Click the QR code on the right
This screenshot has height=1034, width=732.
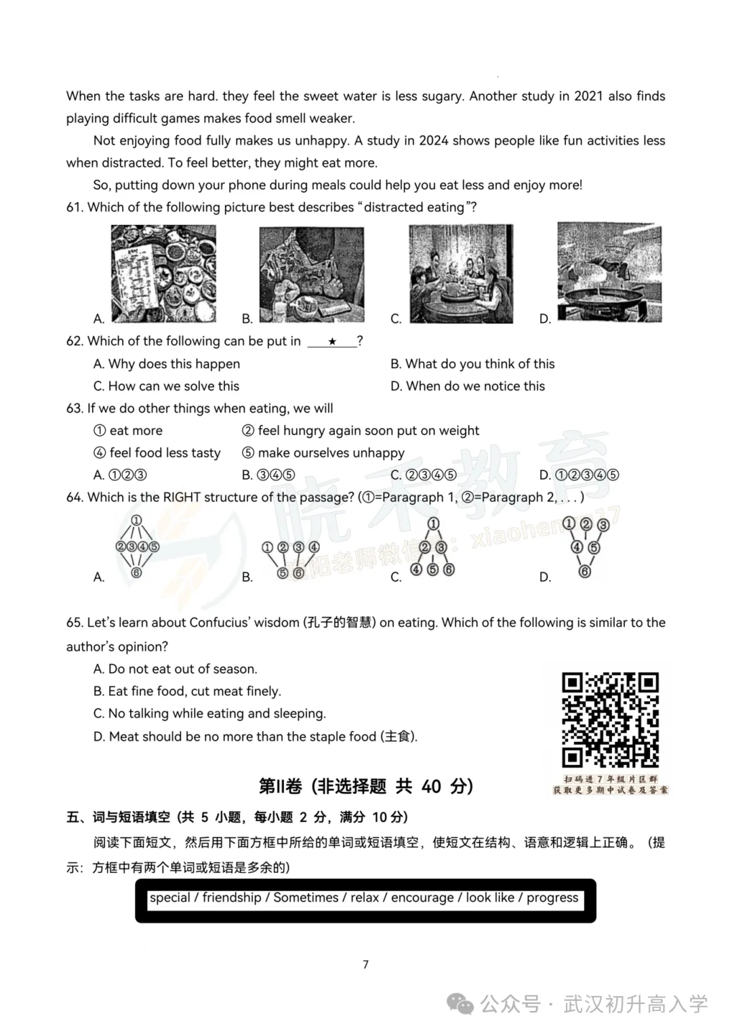coord(610,720)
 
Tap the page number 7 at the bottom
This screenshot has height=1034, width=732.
coord(366,964)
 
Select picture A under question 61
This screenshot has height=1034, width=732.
coord(163,274)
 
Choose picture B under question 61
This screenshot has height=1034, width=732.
coord(312,274)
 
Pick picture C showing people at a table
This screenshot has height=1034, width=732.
coord(461,274)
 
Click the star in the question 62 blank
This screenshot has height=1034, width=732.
coord(332,342)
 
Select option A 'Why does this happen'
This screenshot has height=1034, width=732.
coord(174,364)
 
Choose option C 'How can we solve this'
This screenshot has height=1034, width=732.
coord(174,386)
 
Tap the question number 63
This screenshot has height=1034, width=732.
coord(74,409)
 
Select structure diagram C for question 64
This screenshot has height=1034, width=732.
coord(433,547)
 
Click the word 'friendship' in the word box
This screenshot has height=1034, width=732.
coord(232,898)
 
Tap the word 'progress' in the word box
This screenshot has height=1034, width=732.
coord(552,898)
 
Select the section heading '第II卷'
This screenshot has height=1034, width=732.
coord(280,787)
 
